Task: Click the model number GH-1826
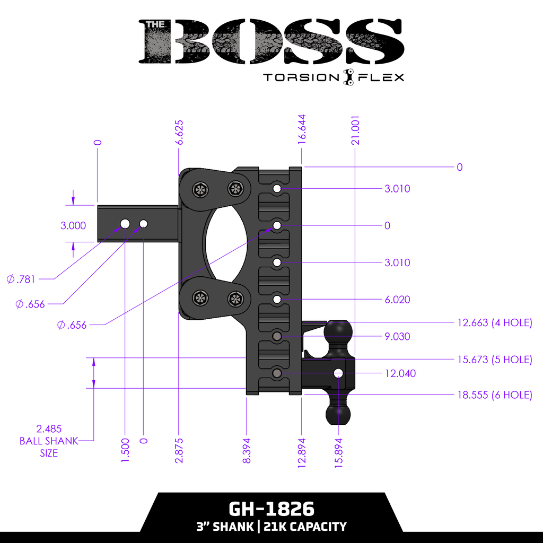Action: pos(271,509)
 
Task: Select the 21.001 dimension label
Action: pos(356,130)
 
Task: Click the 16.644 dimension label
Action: pos(302,129)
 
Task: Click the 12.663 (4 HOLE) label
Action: pos(494,322)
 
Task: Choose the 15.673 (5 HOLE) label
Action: pos(494,360)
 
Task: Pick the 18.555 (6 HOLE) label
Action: pos(494,395)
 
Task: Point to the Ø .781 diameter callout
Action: pos(21,279)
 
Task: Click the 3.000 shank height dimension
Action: pos(73,225)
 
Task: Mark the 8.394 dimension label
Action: pos(247,451)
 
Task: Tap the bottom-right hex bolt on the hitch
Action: pos(235,299)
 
